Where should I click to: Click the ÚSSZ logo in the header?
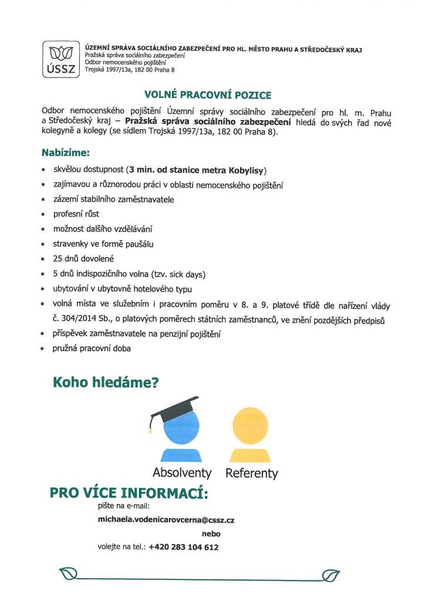pyautogui.click(x=60, y=59)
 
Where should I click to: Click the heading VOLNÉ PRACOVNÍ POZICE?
pyautogui.click(x=208, y=94)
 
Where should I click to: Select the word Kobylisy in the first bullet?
pyautogui.click(x=246, y=171)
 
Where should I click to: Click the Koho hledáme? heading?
pyautogui.click(x=106, y=383)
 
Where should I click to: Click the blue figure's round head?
pyautogui.click(x=183, y=428)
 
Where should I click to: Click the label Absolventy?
pyautogui.click(x=182, y=472)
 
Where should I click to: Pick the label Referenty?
pyautogui.click(x=251, y=473)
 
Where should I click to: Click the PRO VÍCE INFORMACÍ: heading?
pyautogui.click(x=129, y=492)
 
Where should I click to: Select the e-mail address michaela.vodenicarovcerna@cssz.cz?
pyautogui.click(x=166, y=519)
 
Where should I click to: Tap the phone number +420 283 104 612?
pyautogui.click(x=184, y=547)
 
